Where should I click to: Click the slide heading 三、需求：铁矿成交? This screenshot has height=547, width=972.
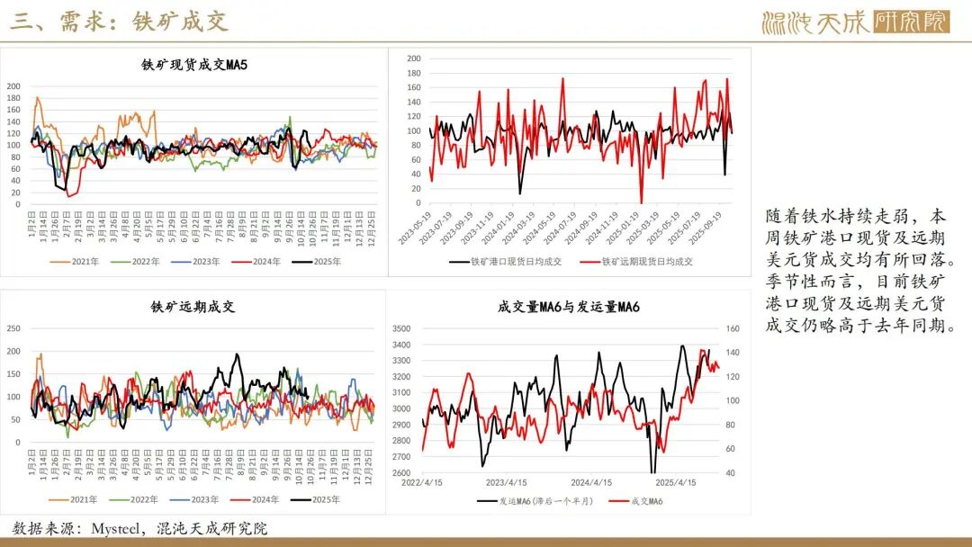coord(120,22)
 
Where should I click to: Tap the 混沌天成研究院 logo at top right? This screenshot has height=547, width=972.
coord(854,22)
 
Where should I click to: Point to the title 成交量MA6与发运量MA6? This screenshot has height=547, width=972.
coord(569,307)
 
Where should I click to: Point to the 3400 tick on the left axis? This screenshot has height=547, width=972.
coord(401,345)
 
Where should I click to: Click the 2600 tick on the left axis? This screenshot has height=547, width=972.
coord(401,472)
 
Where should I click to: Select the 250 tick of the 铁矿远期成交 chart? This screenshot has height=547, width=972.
coord(13,327)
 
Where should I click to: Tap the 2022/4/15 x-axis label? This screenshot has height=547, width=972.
coord(421,482)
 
